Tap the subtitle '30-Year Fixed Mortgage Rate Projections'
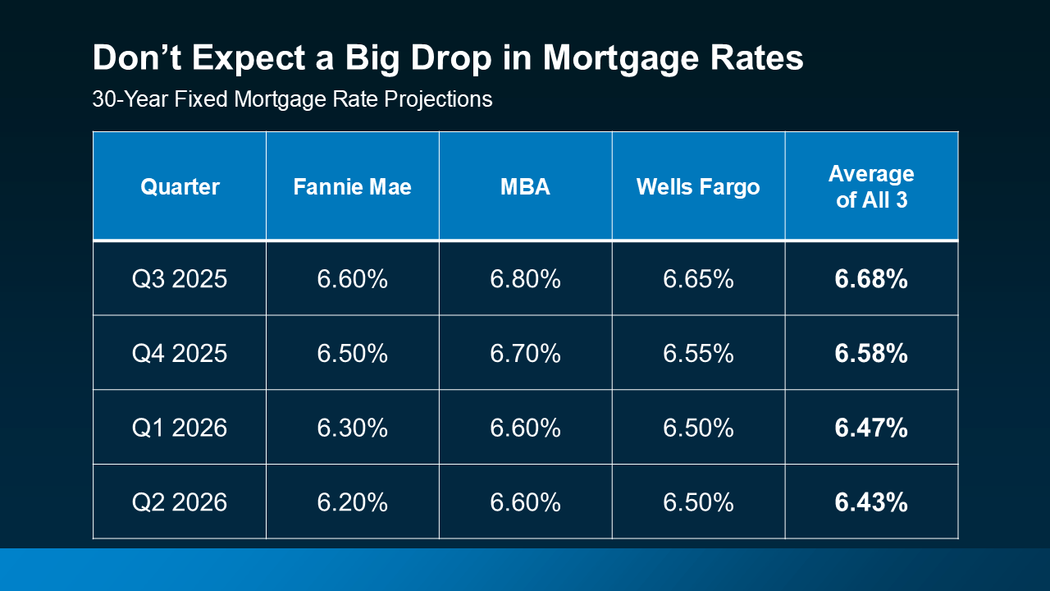pyautogui.click(x=292, y=99)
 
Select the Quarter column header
pyautogui.click(x=180, y=186)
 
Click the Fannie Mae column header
pyautogui.click(x=352, y=186)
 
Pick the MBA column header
pyautogui.click(x=525, y=186)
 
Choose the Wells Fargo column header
pyautogui.click(x=698, y=186)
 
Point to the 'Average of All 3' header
pyautogui.click(x=871, y=186)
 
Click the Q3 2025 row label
pyautogui.click(x=180, y=279)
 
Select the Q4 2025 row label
pyautogui.click(x=180, y=353)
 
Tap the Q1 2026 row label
pyautogui.click(x=180, y=428)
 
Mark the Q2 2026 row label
pyautogui.click(x=180, y=502)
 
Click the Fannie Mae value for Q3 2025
pyautogui.click(x=352, y=279)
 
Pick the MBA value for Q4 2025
pyautogui.click(x=525, y=353)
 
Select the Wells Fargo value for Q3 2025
pyautogui.click(x=698, y=279)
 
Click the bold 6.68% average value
pyautogui.click(x=871, y=279)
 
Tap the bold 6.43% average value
pyautogui.click(x=871, y=502)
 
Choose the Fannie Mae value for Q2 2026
pyautogui.click(x=352, y=502)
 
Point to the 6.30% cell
pyautogui.click(x=352, y=428)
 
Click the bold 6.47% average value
pyautogui.click(x=871, y=428)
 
